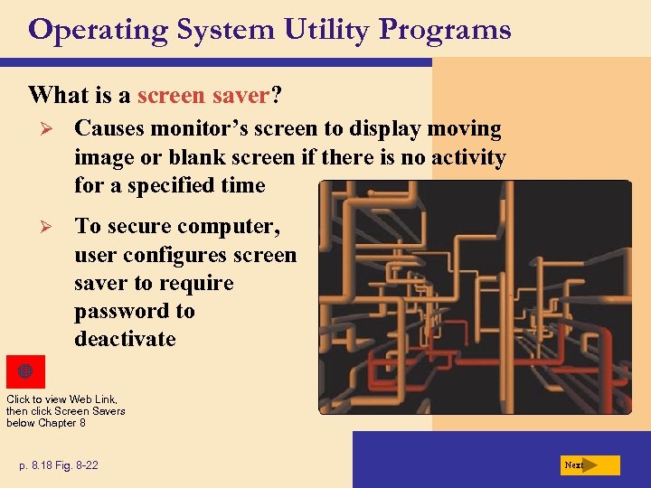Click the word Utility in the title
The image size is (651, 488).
(x=325, y=30)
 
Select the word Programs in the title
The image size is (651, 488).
(x=445, y=31)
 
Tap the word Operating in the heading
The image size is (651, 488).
(x=98, y=30)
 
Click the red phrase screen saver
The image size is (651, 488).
(x=203, y=95)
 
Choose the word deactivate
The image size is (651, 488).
(x=125, y=340)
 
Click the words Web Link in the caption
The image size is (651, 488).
(x=94, y=399)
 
